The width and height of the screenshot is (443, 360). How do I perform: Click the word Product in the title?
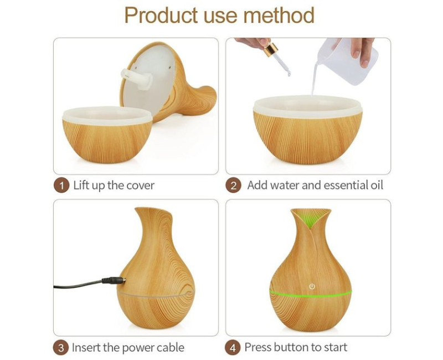[x=161, y=16]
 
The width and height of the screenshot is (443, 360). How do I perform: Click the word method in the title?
[x=279, y=16]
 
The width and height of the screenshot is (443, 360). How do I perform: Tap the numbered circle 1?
[x=61, y=186]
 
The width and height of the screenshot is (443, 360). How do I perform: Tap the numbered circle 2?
[x=233, y=186]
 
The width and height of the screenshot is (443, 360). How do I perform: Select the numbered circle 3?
[x=61, y=348]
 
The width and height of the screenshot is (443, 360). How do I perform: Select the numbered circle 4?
[x=233, y=348]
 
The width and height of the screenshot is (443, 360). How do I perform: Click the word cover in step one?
[x=141, y=186]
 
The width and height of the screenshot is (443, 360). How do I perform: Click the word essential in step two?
[x=345, y=186]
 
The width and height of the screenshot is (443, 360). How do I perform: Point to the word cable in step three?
[x=171, y=347]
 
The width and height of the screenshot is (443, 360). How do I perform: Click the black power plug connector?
[x=114, y=281]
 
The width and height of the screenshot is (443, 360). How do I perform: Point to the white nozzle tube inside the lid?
[x=137, y=79]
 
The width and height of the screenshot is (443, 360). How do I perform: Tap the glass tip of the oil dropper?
[x=283, y=66]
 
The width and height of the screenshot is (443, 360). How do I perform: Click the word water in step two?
[x=285, y=186]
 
